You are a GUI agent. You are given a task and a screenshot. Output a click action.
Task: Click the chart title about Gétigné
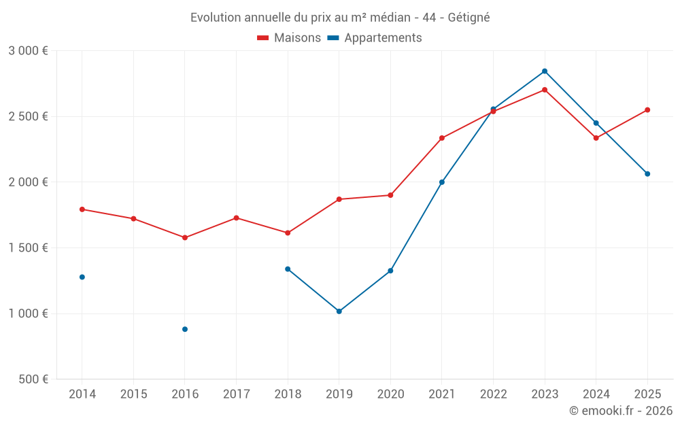click(x=340, y=17)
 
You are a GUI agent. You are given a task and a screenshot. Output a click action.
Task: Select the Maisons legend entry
click(x=289, y=38)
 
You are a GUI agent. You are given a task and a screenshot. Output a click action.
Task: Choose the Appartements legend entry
click(x=375, y=38)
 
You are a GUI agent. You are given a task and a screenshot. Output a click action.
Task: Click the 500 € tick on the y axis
click(x=32, y=379)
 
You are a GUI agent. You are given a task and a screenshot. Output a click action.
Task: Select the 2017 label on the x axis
click(x=236, y=394)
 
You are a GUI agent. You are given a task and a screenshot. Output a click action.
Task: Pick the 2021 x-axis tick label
click(x=441, y=394)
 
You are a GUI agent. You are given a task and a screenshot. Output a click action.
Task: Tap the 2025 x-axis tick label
click(x=647, y=394)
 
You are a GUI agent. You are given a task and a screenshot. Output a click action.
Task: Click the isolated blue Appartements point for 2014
click(x=82, y=277)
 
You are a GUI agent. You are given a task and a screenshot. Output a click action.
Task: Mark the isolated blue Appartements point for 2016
click(x=185, y=329)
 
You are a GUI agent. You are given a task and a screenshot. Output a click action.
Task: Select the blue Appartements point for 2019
click(x=339, y=311)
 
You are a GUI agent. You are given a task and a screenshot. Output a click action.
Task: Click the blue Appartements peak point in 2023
click(x=545, y=71)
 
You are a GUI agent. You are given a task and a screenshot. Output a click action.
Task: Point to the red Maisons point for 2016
click(x=185, y=238)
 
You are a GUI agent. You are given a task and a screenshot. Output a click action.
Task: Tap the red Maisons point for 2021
click(x=442, y=138)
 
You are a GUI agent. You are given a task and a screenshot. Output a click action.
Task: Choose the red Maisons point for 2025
click(x=647, y=109)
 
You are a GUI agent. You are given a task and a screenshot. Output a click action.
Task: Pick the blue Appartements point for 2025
click(x=647, y=174)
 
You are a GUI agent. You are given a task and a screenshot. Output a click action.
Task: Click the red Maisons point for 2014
click(x=82, y=209)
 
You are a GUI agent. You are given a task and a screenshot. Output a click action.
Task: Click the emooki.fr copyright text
click(x=621, y=411)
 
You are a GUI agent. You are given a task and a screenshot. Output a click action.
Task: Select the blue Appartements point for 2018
click(x=288, y=269)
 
